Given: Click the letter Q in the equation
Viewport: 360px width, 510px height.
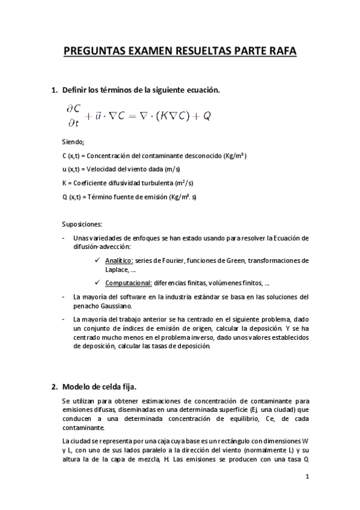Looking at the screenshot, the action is click(x=207, y=116).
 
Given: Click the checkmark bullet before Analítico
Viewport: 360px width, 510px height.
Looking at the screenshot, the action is click(x=98, y=260).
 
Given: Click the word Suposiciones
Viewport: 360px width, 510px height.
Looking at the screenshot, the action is click(x=82, y=224).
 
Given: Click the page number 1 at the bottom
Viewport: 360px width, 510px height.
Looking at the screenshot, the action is click(x=307, y=478).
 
